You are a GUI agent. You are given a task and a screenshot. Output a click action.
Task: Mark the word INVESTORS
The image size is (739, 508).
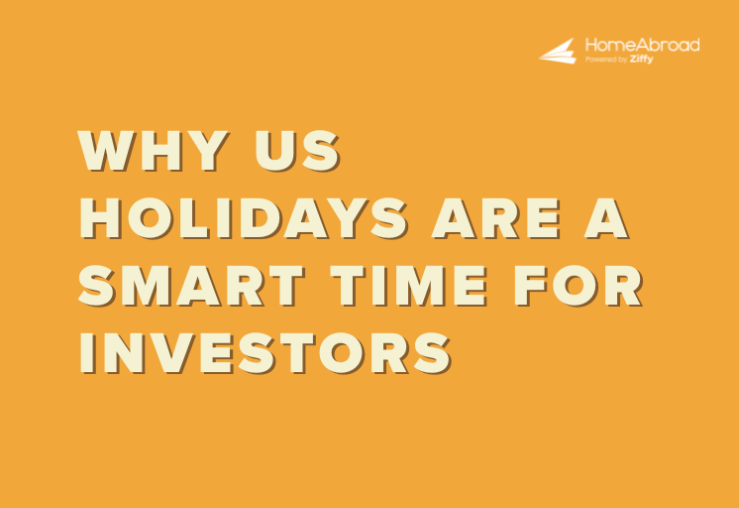(x=265, y=351)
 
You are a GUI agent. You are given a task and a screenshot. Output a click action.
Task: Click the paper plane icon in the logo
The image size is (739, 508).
(x=558, y=51)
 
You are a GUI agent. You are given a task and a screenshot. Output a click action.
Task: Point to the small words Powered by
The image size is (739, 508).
(x=605, y=60)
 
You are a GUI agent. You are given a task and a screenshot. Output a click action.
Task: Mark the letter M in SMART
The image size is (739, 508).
(x=151, y=286)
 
